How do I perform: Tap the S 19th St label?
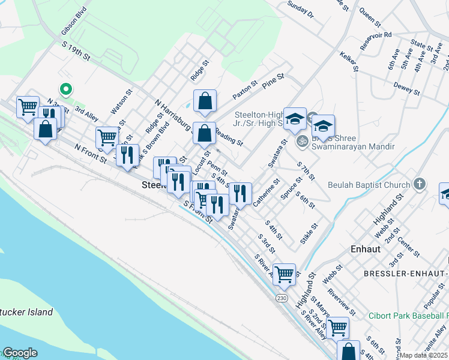tap(76, 51)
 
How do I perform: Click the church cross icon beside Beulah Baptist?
tap(420, 184)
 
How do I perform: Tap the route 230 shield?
tap(282, 298)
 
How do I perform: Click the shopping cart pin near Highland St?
tap(285, 274)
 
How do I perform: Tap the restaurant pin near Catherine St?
tap(240, 193)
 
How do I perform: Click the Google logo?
tap(20, 353)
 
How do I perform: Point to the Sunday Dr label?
tap(301, 9)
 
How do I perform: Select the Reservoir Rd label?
tap(375, 37)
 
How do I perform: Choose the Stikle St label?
tap(310, 229)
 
